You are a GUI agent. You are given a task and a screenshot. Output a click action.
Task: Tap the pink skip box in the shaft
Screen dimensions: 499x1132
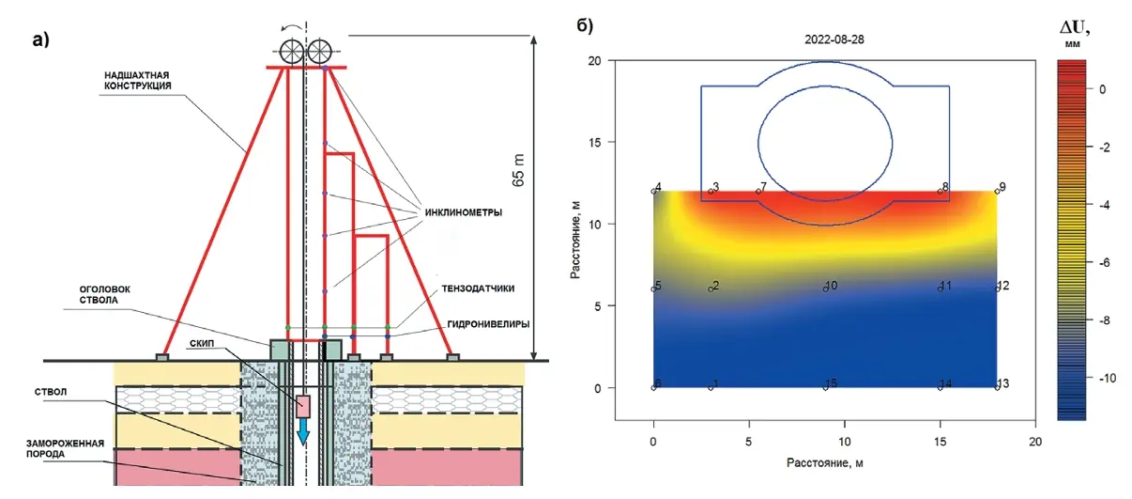(304, 406)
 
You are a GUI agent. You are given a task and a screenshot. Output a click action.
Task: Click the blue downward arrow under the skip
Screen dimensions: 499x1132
(304, 434)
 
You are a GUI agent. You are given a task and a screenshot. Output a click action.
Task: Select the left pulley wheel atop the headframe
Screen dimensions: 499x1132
(290, 49)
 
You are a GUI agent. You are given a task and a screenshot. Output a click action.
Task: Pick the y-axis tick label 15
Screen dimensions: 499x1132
(593, 142)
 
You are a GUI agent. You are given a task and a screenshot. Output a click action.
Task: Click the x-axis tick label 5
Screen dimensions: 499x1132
(749, 439)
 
